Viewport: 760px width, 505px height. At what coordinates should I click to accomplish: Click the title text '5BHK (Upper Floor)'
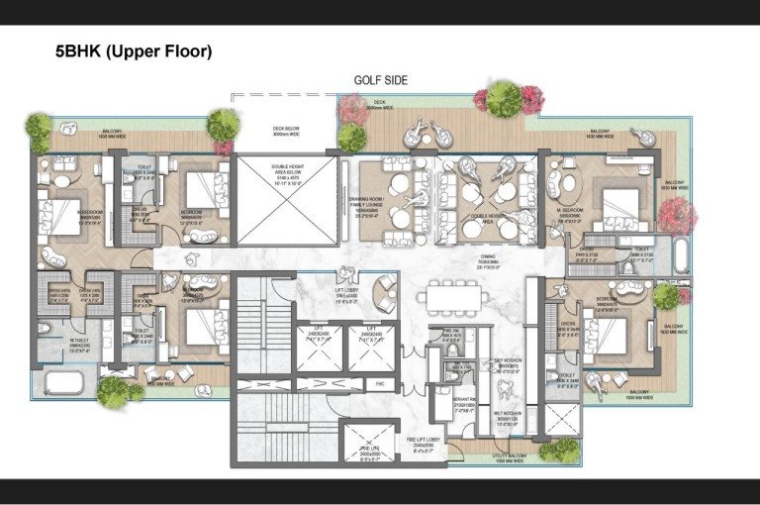[x=134, y=51]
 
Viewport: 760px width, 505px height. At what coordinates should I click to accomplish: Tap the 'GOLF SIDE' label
[x=381, y=81]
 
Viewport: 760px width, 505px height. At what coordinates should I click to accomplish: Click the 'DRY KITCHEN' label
[x=508, y=366]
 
